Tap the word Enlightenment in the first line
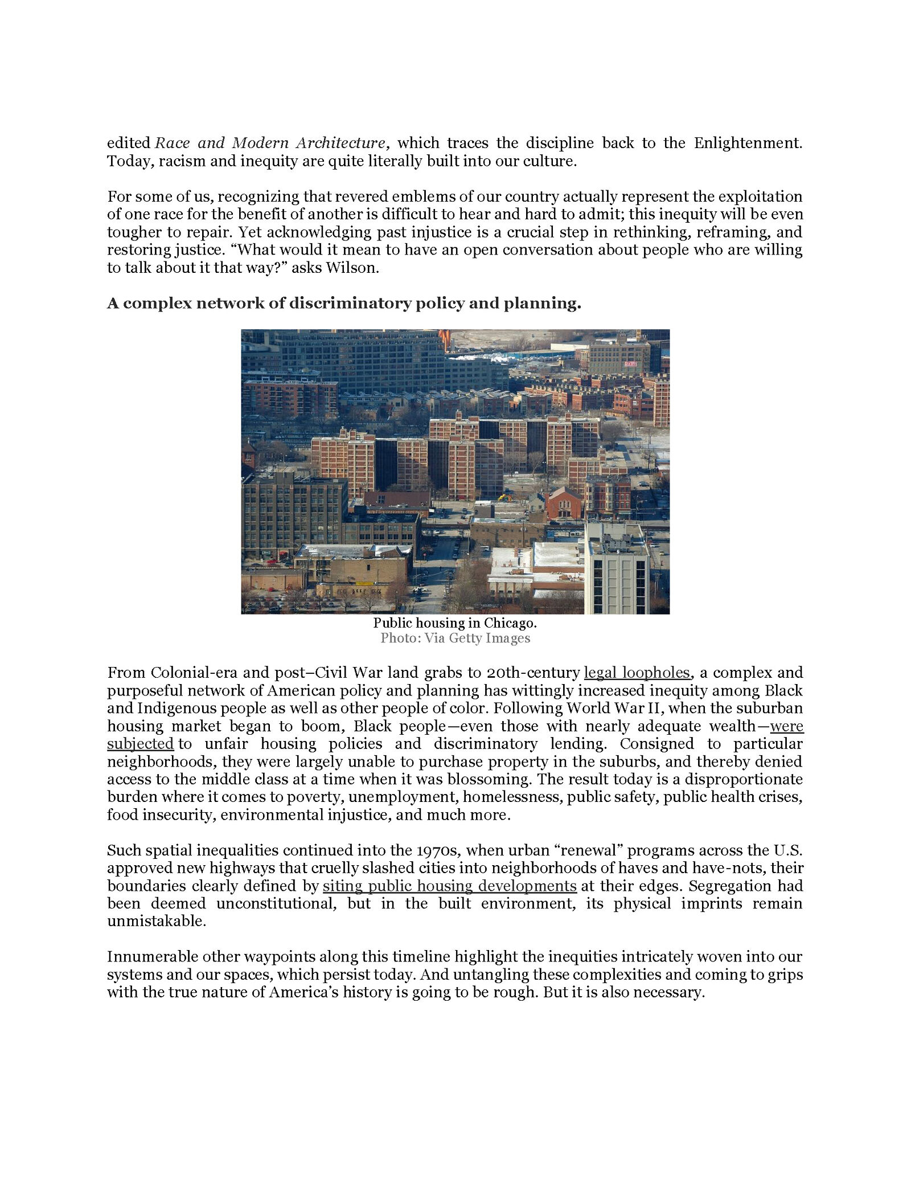(x=748, y=143)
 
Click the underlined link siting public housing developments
(x=449, y=886)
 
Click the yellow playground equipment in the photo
(x=504, y=497)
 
